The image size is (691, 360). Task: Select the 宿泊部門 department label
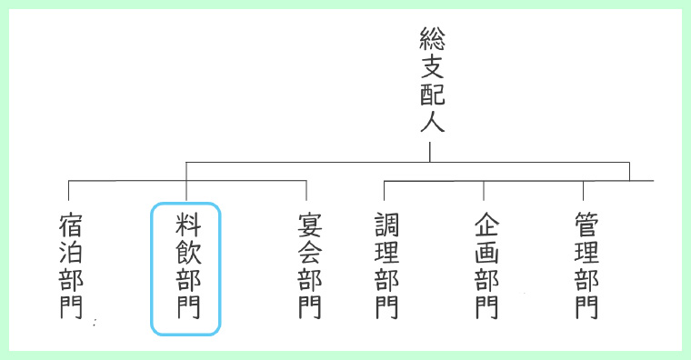71,265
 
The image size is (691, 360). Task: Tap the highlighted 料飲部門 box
186,268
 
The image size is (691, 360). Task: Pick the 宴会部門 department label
309,265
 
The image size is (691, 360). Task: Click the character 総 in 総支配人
431,38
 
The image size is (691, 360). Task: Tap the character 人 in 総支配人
431,122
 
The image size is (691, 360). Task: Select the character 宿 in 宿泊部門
71,225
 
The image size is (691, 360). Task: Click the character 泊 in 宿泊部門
71,252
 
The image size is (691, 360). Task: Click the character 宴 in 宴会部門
309,225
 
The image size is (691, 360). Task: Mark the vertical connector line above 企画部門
484,190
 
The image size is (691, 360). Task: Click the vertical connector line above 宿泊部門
69,190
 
